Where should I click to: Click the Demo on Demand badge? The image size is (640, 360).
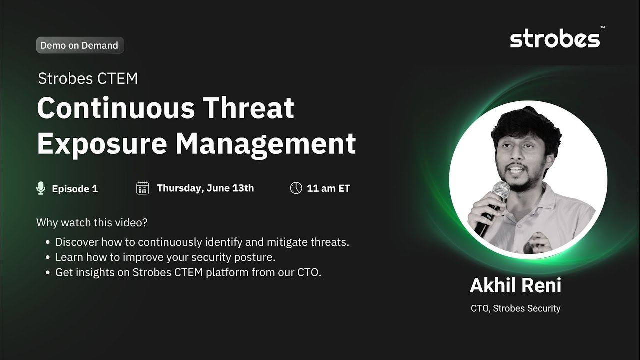80,45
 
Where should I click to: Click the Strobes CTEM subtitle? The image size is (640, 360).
88,78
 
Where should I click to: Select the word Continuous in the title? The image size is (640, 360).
116,108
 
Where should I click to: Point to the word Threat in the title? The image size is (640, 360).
248,108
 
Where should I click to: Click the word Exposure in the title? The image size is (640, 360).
102,144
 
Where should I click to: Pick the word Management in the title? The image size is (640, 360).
266,144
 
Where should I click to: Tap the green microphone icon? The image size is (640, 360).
41,188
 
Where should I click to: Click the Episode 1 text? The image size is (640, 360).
75,189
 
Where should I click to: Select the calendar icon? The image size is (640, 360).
143,188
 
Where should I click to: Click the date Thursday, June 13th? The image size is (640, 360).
205,188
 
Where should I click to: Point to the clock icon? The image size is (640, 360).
296,188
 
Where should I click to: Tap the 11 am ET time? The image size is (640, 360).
328,188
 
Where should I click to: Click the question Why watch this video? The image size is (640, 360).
92,223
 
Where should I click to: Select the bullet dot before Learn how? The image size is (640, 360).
48,257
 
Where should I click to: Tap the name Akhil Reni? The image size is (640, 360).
515,285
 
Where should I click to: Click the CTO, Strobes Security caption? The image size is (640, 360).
515,308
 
